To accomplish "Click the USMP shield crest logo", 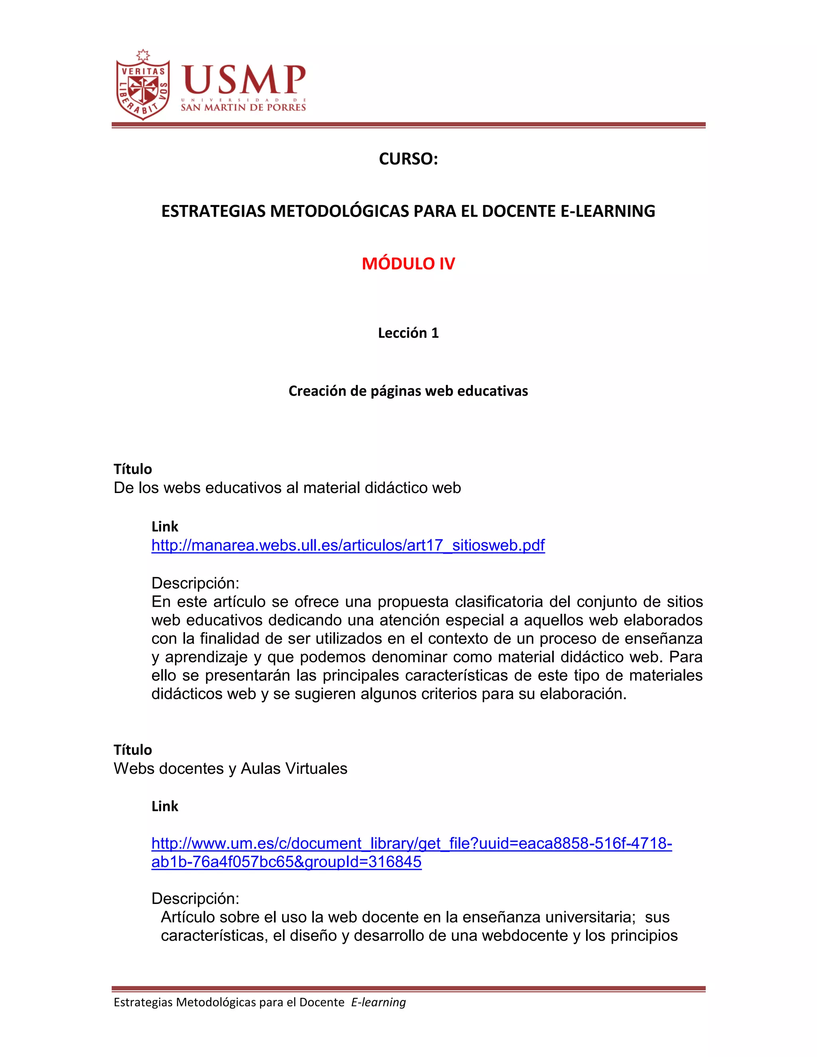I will coord(143,86).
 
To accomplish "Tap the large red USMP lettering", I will coord(244,80).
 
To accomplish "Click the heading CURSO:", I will coord(408,159).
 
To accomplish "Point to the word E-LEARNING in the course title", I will coord(608,211).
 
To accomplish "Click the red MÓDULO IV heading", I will coord(408,263).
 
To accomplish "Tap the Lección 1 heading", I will coord(408,333).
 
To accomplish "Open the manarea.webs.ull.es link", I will coord(348,545).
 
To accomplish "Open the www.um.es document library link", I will coord(411,844).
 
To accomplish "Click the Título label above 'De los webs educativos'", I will coord(132,469).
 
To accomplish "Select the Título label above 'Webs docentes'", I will coord(132,750).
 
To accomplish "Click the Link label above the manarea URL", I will coord(165,527).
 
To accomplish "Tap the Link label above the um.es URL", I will coord(165,806).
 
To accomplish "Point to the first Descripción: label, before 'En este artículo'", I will coord(195,583).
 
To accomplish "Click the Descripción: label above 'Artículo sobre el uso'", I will coord(195,899).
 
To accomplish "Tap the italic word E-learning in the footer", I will coord(379,1002).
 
